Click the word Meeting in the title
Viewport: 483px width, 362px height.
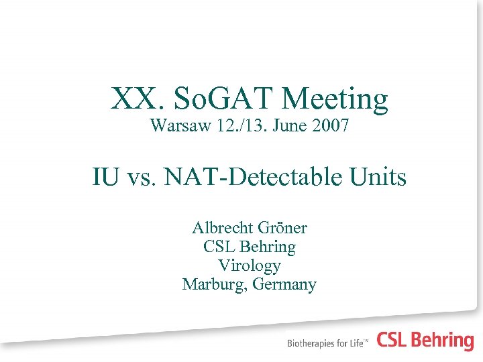pos(335,99)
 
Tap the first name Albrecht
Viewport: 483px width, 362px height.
pos(221,228)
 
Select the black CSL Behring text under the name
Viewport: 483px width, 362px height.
pos(250,247)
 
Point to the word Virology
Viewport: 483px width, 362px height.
pos(250,265)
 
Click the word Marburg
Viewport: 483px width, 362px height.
pos(213,284)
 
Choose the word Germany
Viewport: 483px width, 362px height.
pos(285,284)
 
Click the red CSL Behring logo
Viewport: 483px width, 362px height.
pos(425,341)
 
